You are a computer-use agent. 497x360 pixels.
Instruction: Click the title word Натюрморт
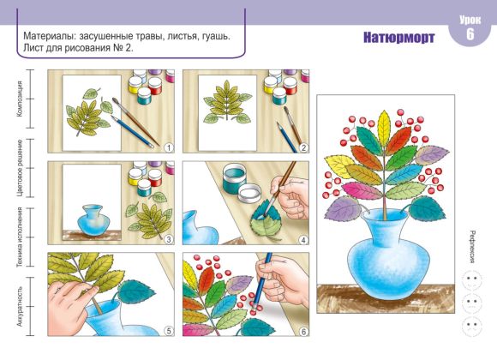pyautogui.click(x=398, y=38)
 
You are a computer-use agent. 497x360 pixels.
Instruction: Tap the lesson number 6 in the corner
pyautogui.click(x=470, y=34)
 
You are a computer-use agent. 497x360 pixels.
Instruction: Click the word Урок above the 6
pyautogui.click(x=470, y=20)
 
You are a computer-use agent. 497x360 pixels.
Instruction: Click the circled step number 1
pyautogui.click(x=169, y=147)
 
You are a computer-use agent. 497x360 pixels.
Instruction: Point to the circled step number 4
pyautogui.click(x=303, y=240)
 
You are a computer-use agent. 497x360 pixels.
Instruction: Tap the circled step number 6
pyautogui.click(x=303, y=332)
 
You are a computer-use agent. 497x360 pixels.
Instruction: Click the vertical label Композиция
pyautogui.click(x=20, y=99)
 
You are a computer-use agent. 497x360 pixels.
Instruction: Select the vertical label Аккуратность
pyautogui.click(x=20, y=306)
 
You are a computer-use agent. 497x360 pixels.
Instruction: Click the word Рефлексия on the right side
pyautogui.click(x=472, y=247)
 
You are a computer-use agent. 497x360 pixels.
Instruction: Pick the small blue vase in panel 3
pyautogui.click(x=93, y=220)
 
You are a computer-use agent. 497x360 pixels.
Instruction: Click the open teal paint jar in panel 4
pyautogui.click(x=234, y=178)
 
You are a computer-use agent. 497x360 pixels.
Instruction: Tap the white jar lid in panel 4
pyautogui.click(x=249, y=194)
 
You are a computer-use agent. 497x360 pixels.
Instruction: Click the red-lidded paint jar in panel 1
pyautogui.click(x=155, y=86)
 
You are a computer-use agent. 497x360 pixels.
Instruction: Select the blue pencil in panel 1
pyautogui.click(x=132, y=131)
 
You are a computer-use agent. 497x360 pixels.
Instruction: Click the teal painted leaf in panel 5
pyautogui.click(x=136, y=292)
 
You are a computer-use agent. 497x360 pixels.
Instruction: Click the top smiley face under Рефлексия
pyautogui.click(x=472, y=279)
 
